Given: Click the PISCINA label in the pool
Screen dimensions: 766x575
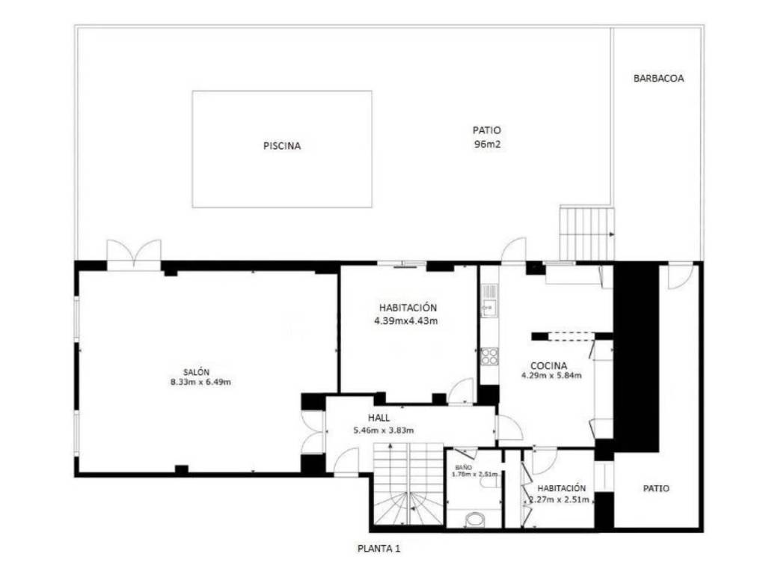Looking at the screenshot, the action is (x=282, y=146).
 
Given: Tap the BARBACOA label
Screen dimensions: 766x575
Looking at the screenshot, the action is (x=658, y=78).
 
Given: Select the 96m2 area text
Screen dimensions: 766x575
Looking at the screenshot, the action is (x=488, y=144).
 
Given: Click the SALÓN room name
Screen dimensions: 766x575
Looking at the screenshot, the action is (x=197, y=372).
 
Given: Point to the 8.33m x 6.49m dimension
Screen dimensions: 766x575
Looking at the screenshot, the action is (x=200, y=382).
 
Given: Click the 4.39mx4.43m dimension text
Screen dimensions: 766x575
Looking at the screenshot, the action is (x=406, y=321).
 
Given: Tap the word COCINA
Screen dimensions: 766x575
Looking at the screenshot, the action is (x=548, y=365).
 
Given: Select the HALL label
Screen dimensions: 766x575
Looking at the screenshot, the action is (x=379, y=418).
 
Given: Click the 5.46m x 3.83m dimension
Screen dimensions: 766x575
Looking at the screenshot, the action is (x=384, y=431).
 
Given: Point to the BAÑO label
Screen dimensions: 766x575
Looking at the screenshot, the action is (x=463, y=467).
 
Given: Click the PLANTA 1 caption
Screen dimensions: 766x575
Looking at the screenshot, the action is (x=379, y=549).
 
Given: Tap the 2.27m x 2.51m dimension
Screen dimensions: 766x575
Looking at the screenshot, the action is (x=560, y=499).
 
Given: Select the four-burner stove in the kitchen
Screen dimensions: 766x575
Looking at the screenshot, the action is (x=489, y=356).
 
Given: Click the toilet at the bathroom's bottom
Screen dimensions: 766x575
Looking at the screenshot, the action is (x=474, y=520).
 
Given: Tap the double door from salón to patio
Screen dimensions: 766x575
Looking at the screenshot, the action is (x=134, y=255).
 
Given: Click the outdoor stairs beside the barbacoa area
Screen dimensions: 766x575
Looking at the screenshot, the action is (x=586, y=234).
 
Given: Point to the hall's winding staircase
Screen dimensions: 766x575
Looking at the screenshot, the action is (x=408, y=484).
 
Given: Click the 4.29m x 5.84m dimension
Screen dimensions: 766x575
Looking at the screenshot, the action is (x=551, y=376).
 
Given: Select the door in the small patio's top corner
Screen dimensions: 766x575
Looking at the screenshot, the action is (x=681, y=276).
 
